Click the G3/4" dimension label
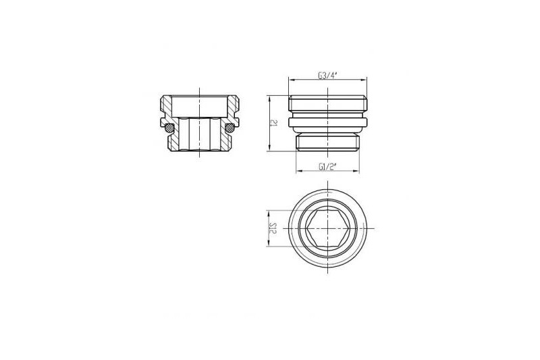(327, 76)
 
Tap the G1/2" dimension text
(327, 167)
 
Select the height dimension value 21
(274, 123)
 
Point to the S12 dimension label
(273, 228)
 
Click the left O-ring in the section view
(169, 128)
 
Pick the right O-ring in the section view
(230, 128)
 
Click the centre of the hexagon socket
(327, 228)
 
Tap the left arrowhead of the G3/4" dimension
(292, 80)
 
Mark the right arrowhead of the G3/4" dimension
(364, 80)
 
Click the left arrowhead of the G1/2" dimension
(299, 171)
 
